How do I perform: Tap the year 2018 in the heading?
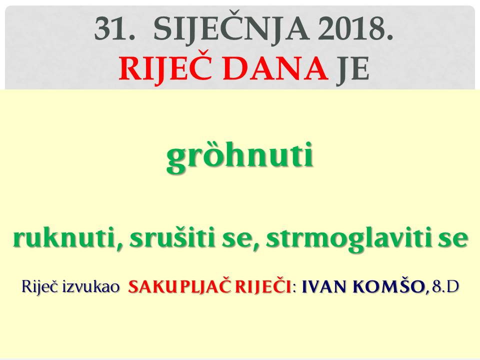tap(355, 29)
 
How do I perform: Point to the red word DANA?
tap(275, 69)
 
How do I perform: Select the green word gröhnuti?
tap(240, 156)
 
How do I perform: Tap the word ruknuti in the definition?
tap(66, 238)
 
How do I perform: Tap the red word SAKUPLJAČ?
tap(181, 287)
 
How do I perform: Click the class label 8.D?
tap(445, 287)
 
